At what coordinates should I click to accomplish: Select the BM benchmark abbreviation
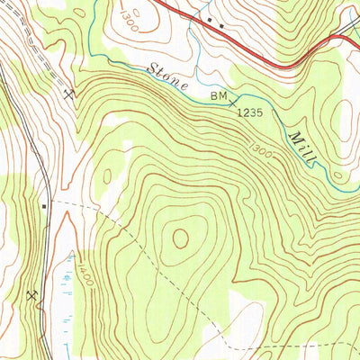click(220, 94)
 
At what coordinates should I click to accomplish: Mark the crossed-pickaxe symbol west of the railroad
click(32, 295)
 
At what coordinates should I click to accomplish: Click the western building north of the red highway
click(210, 18)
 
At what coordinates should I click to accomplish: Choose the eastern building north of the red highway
click(220, 24)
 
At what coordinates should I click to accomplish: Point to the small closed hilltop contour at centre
click(181, 238)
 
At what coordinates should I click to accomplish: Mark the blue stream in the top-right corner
click(351, 13)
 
